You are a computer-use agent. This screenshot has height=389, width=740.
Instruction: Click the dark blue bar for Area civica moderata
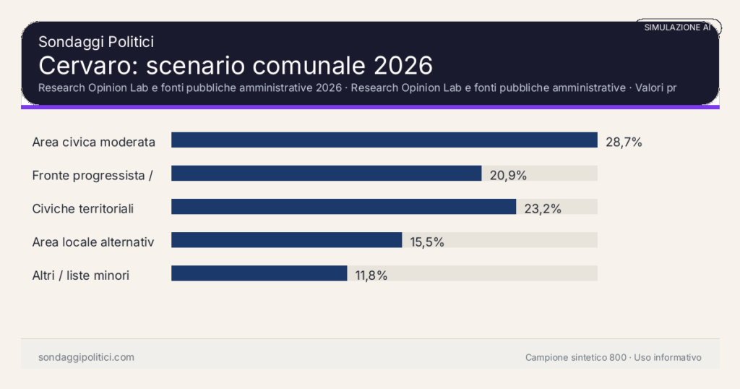(384, 140)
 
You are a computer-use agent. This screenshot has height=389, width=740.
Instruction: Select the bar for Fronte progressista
(326, 174)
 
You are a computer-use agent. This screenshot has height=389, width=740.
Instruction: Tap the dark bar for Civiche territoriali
(343, 207)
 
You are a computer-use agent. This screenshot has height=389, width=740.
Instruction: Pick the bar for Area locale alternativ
(286, 240)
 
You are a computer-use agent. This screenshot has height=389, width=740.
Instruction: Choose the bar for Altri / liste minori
(259, 273)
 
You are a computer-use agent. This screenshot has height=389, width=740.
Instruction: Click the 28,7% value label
(624, 142)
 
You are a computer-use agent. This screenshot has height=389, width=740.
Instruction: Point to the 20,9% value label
(508, 176)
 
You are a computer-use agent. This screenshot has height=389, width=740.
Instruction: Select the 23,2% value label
(543, 209)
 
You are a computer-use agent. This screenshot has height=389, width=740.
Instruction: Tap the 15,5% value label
(427, 242)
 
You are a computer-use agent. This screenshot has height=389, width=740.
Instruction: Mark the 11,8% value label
(371, 275)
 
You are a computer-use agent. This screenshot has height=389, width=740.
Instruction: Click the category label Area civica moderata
(94, 142)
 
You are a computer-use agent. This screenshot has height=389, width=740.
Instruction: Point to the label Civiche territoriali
(83, 209)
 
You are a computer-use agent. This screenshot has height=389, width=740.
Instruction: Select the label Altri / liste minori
(81, 275)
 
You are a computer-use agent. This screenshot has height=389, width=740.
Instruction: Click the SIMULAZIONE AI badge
(677, 27)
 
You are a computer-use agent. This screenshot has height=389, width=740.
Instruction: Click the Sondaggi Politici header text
(95, 43)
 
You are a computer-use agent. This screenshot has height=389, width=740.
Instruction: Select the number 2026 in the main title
(403, 65)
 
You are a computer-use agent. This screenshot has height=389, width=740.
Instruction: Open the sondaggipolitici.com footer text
(86, 357)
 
